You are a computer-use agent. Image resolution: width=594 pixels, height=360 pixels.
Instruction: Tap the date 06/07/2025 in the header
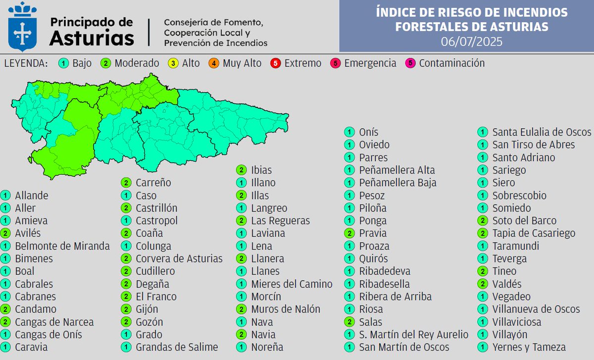pyautogui.click(x=471, y=42)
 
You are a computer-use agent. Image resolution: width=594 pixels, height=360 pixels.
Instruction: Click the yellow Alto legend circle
pyautogui.click(x=175, y=63)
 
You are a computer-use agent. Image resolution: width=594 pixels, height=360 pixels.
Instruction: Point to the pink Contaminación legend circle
pyautogui.click(x=410, y=63)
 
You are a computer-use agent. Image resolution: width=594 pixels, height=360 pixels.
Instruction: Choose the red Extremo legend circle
pyautogui.click(x=276, y=63)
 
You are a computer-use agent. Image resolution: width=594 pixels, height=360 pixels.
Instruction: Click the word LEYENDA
pyautogui.click(x=26, y=63)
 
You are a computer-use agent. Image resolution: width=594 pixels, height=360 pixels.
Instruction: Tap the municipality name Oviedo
pyautogui.click(x=374, y=145)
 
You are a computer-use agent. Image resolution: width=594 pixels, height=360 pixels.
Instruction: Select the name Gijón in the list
pyautogui.click(x=147, y=309)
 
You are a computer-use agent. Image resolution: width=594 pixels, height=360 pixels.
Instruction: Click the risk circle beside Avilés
pyautogui.click(x=6, y=233)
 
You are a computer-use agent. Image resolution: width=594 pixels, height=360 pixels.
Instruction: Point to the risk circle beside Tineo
pyautogui.click(x=483, y=271)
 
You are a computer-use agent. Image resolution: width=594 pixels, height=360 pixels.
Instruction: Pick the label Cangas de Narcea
pyautogui.click(x=54, y=322)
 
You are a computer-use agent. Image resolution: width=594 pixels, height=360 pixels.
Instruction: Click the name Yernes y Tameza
pyautogui.click(x=529, y=347)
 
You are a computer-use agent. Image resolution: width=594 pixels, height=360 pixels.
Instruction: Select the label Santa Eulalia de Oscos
pyautogui.click(x=542, y=132)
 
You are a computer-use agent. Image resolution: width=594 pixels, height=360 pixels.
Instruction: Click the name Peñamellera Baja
pyautogui.click(x=397, y=183)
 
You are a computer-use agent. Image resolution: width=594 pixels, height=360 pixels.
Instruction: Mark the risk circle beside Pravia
pyautogui.click(x=350, y=233)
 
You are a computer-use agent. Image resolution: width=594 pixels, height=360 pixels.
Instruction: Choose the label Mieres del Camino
pyautogui.click(x=292, y=284)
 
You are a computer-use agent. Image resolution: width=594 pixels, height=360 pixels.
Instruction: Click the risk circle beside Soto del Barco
pyautogui.click(x=483, y=221)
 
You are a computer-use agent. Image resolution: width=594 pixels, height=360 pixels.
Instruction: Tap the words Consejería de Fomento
pyautogui.click(x=213, y=23)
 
